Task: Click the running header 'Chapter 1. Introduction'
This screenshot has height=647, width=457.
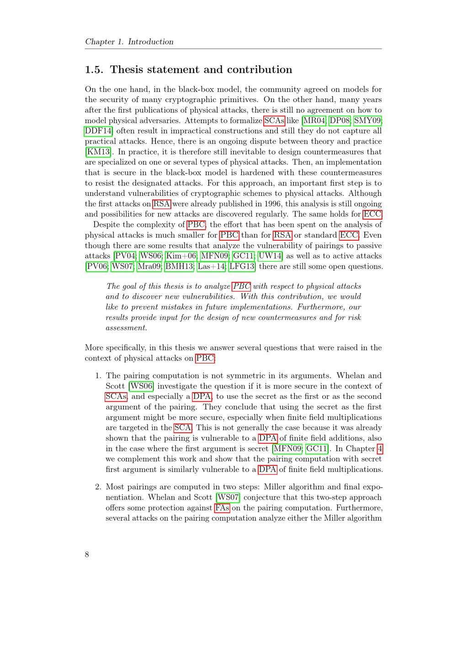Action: (129, 42)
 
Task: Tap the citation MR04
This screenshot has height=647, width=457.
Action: (314, 121)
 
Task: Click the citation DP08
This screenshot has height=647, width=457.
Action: (340, 121)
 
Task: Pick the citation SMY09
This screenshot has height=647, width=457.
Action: (368, 121)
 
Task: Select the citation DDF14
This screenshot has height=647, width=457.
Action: (98, 131)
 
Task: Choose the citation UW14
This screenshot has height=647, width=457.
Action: (270, 256)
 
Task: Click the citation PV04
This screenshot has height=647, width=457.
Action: (124, 256)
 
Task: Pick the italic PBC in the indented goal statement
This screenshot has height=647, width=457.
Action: (241, 286)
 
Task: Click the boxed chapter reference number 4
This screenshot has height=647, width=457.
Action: (380, 449)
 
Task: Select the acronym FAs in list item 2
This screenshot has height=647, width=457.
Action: (222, 508)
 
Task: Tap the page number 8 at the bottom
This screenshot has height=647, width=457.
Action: (87, 555)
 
